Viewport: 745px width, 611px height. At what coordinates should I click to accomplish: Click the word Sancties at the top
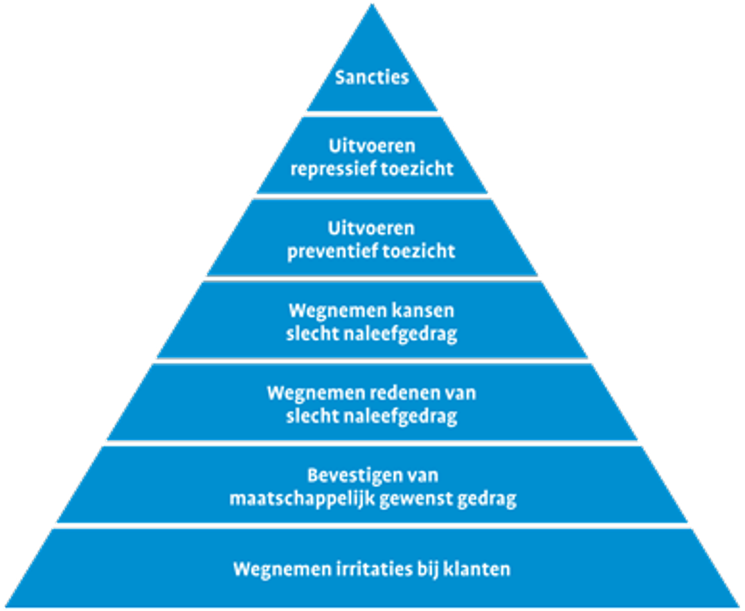coord(372,76)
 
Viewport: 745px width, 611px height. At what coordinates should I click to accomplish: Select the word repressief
coord(329,168)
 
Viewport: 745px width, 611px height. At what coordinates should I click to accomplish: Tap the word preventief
coord(328,250)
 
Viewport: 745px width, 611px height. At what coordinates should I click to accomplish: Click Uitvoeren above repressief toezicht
coord(372,146)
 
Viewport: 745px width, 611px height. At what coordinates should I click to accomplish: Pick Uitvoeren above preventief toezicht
coord(372,228)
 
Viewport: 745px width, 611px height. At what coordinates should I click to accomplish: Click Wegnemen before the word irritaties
coord(271,569)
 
